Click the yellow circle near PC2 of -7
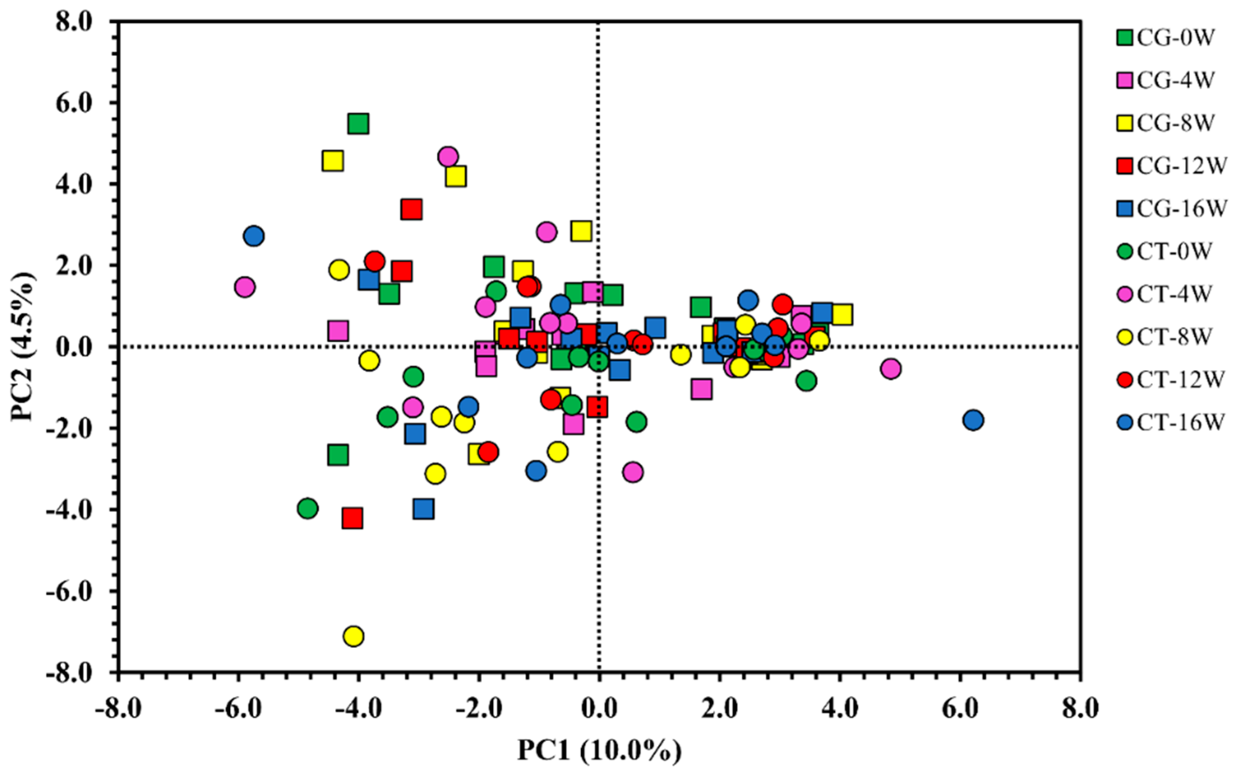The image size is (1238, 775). pyautogui.click(x=353, y=636)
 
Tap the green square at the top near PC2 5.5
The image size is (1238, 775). pyautogui.click(x=359, y=124)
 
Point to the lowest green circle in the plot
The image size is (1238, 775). pyautogui.click(x=307, y=508)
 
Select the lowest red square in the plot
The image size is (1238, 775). pyautogui.click(x=352, y=518)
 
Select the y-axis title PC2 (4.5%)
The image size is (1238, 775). pyautogui.click(x=24, y=346)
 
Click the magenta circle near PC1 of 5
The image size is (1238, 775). pyautogui.click(x=891, y=368)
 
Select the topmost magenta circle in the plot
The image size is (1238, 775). pyautogui.click(x=448, y=156)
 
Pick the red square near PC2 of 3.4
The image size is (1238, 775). pyautogui.click(x=412, y=209)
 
